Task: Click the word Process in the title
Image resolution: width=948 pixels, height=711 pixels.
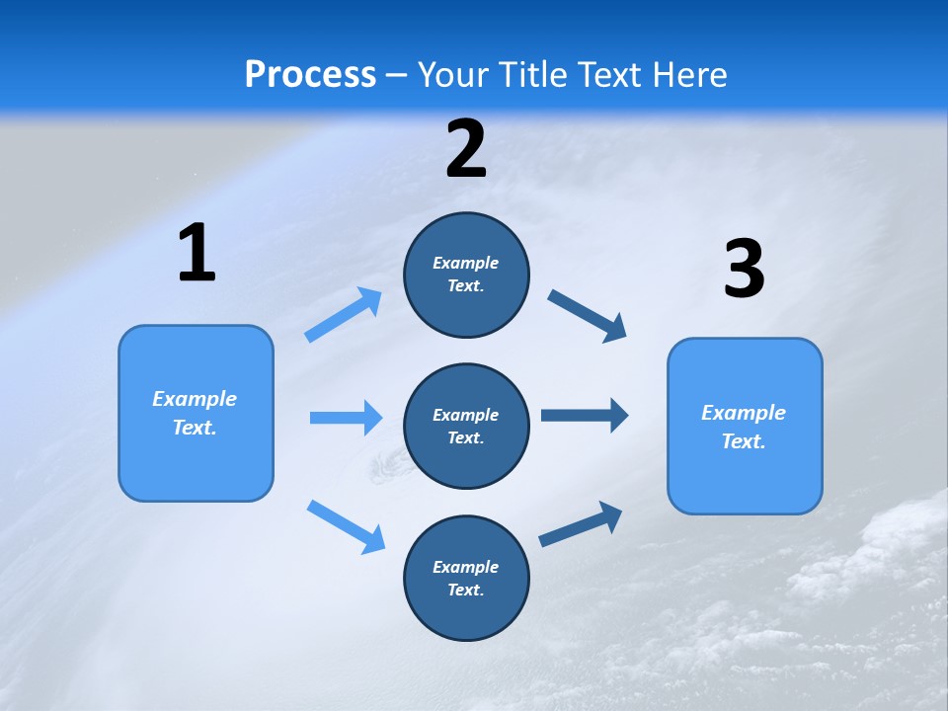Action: (310, 74)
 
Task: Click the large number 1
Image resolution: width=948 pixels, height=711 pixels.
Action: (197, 254)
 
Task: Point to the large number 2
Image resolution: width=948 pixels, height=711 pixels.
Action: (466, 150)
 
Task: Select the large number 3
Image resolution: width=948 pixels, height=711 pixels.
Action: (744, 270)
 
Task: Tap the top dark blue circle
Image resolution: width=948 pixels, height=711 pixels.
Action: (466, 275)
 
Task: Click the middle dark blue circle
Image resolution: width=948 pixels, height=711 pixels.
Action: (466, 426)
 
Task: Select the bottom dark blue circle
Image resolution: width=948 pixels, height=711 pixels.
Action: (466, 578)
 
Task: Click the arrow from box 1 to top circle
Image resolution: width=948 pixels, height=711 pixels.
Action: (344, 315)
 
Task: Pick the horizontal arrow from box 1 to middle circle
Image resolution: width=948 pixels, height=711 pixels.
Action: (346, 418)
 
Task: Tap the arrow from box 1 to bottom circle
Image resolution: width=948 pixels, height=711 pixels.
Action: (346, 525)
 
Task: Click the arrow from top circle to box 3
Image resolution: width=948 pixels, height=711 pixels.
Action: (587, 316)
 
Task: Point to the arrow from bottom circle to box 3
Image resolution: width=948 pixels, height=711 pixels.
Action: (581, 525)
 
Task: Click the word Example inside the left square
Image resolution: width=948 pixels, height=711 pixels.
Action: (195, 399)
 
